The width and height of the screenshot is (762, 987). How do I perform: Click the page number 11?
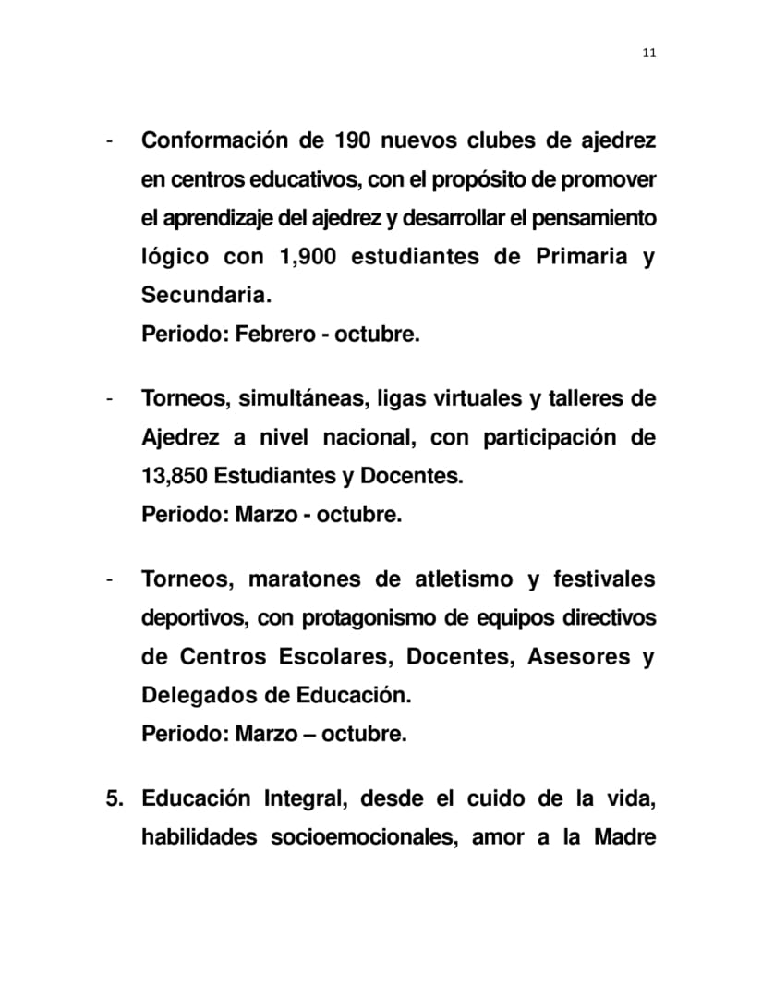coord(648,53)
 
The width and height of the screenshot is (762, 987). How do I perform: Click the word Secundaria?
coord(206,296)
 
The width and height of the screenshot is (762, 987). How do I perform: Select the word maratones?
coord(304,579)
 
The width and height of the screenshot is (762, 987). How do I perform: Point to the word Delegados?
coord(187,695)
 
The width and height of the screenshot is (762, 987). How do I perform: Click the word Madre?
coord(623,837)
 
